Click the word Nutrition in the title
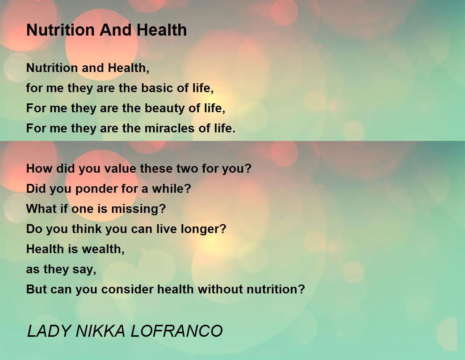click(60, 30)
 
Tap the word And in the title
click(115, 30)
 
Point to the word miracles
click(169, 128)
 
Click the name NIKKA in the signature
click(100, 331)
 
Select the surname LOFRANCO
click(177, 331)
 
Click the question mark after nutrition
click(301, 289)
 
